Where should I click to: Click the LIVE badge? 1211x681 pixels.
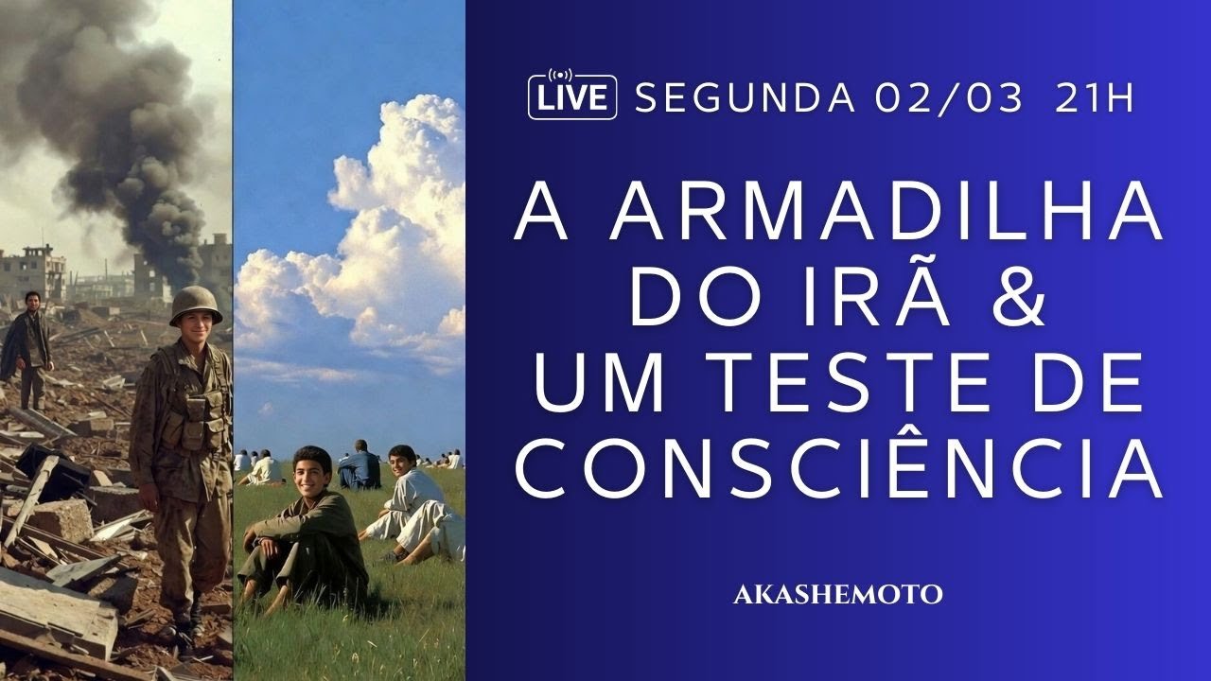coord(571,97)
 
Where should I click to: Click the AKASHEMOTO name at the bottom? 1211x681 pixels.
coord(837,595)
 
